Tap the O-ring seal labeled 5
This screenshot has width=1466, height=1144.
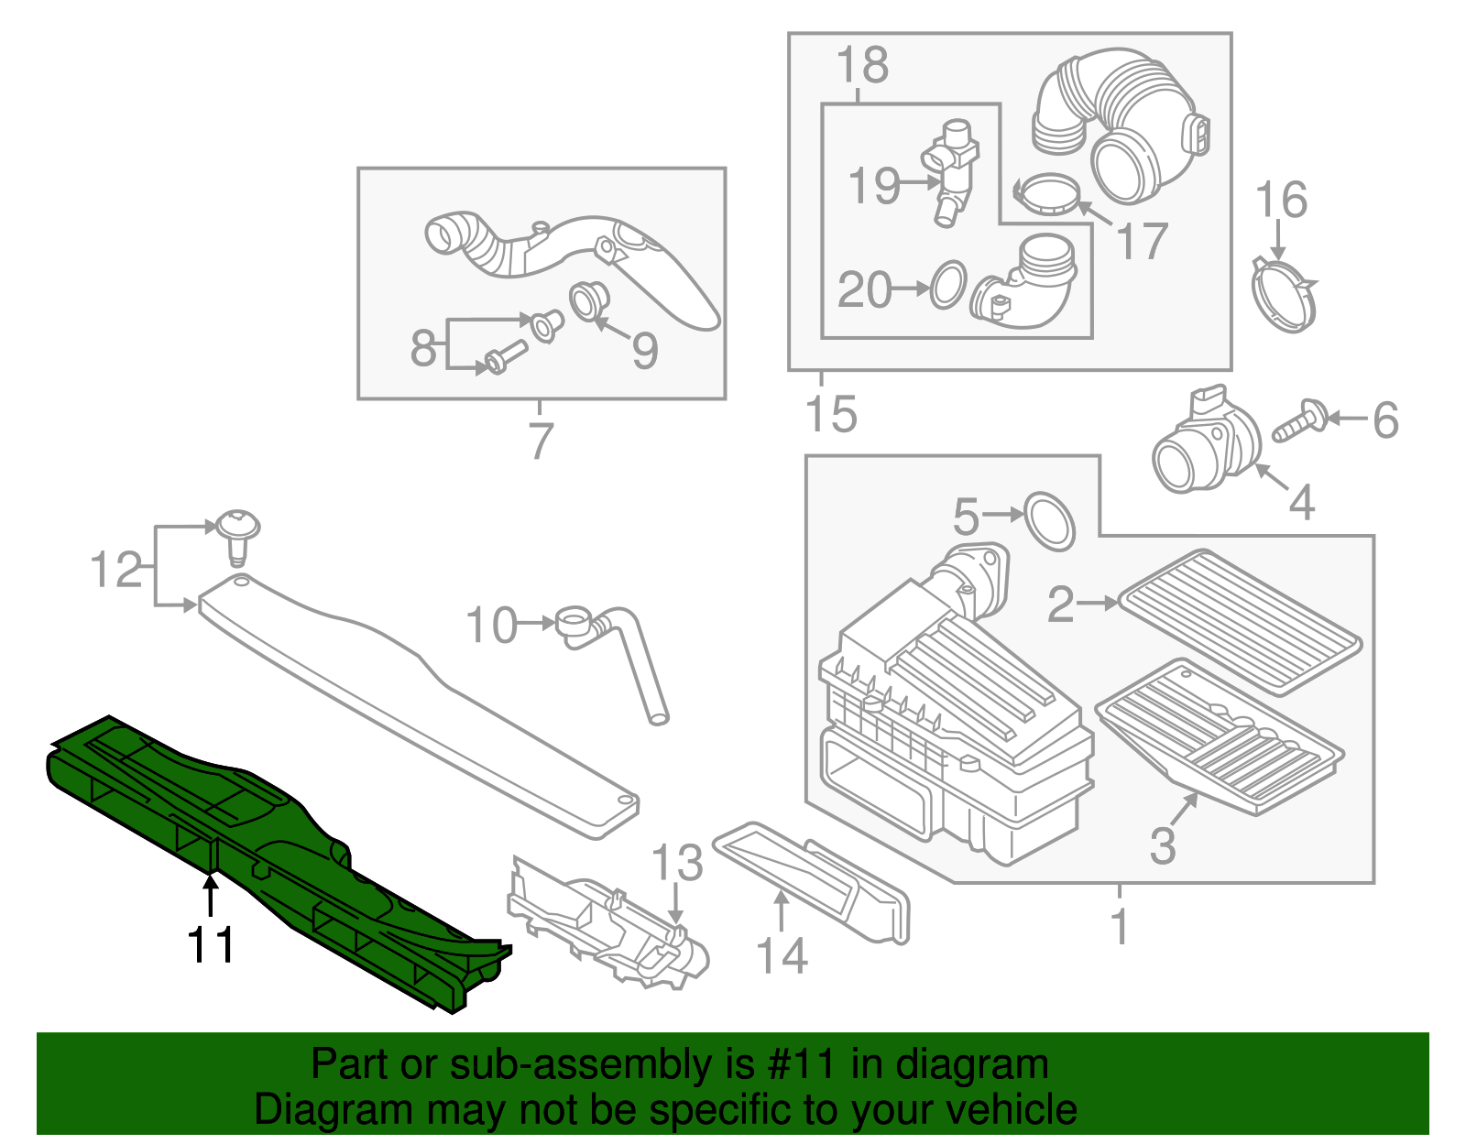pyautogui.click(x=1049, y=521)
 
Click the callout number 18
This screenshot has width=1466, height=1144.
pyautogui.click(x=862, y=65)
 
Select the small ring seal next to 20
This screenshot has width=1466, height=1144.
pyautogui.click(x=948, y=285)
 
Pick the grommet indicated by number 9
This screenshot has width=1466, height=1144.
pyautogui.click(x=590, y=302)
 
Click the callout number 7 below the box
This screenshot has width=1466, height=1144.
pyautogui.click(x=539, y=441)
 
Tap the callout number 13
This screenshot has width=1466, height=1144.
pyautogui.click(x=677, y=862)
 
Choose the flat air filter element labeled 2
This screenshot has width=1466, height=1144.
pyautogui.click(x=1240, y=622)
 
